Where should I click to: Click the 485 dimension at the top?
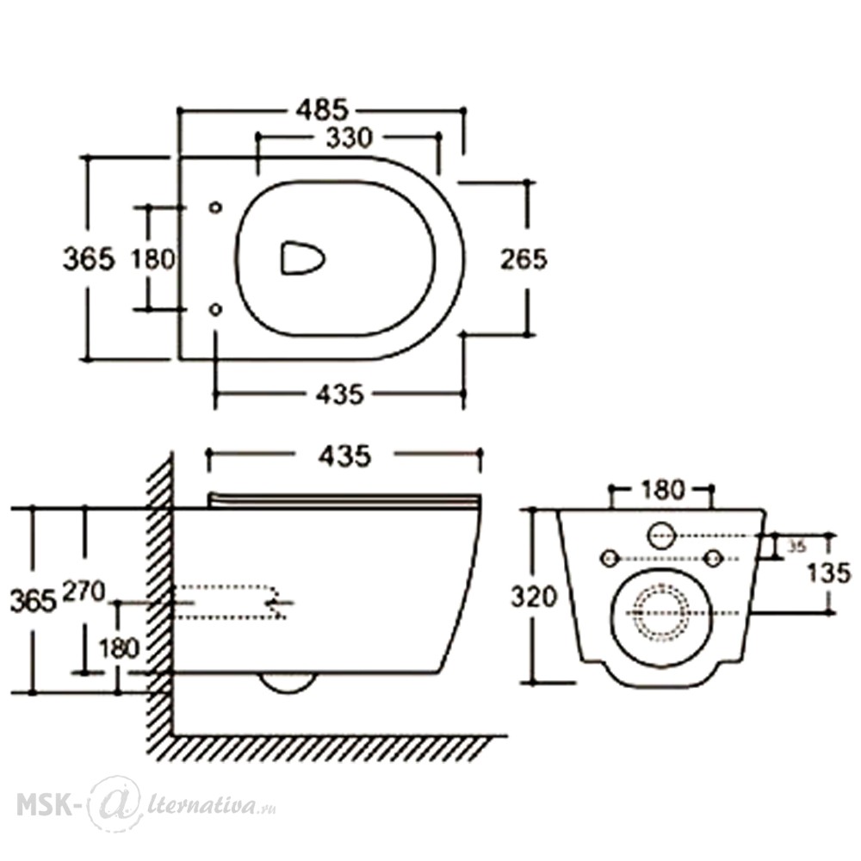click(322, 110)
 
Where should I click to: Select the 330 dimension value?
click(350, 137)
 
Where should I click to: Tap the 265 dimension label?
click(523, 259)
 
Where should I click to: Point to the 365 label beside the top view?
click(89, 258)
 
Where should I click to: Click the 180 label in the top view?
click(153, 258)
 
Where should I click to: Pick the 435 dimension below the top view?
click(340, 393)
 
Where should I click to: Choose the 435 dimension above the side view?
click(345, 455)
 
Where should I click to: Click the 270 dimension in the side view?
click(84, 592)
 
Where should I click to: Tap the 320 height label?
click(534, 597)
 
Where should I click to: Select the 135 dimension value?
click(829, 573)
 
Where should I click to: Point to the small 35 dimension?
click(796, 547)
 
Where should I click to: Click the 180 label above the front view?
click(662, 489)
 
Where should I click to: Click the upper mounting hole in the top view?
click(216, 207)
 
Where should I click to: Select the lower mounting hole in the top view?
click(216, 310)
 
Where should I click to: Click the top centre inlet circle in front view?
click(661, 535)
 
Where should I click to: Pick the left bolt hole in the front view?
click(610, 559)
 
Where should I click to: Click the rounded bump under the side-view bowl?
click(288, 683)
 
